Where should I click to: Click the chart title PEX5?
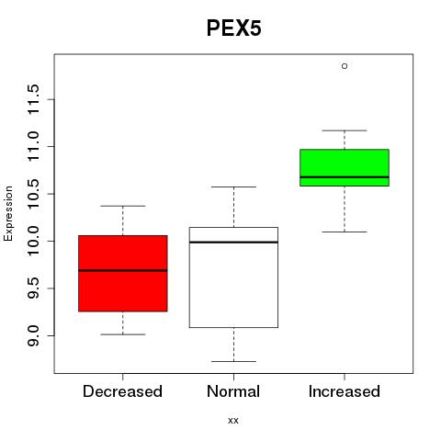(234, 28)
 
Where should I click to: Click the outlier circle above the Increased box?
(345, 66)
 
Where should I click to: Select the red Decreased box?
(123, 274)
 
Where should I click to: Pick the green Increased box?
(345, 167)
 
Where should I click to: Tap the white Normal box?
(233, 277)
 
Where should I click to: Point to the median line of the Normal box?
(233, 243)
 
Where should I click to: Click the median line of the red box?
(123, 270)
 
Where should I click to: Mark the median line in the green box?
(345, 177)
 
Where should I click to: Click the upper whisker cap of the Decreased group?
(123, 206)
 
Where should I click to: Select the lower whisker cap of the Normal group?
(233, 361)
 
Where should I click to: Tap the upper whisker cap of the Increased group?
(345, 130)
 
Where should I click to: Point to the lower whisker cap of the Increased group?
(345, 232)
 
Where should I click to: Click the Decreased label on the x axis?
(122, 391)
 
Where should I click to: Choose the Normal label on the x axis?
(233, 391)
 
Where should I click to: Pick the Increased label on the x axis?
(345, 391)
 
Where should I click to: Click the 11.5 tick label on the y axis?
(33, 99)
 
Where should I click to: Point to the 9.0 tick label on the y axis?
(33, 335)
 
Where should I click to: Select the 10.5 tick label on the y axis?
(33, 194)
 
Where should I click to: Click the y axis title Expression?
(8, 214)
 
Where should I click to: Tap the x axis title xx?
(233, 421)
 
